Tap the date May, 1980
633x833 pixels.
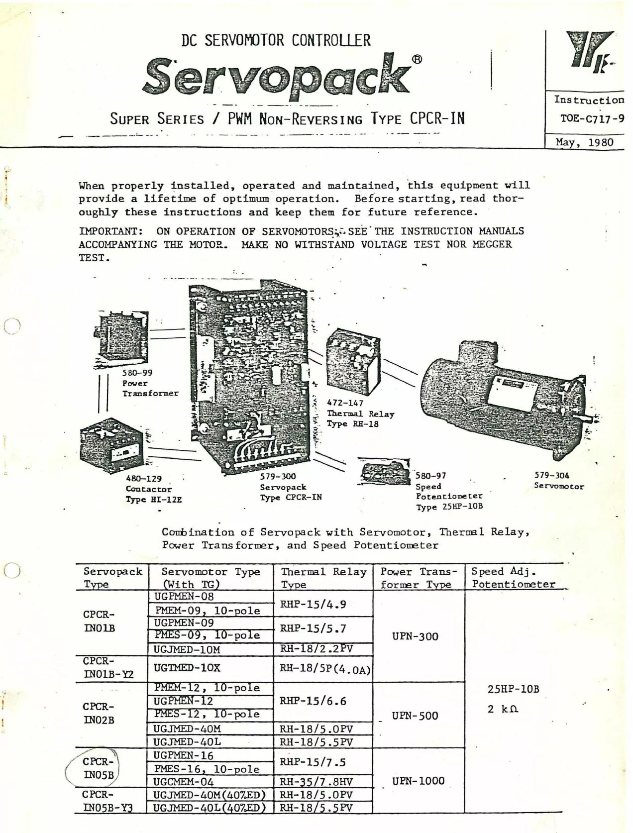point(584,142)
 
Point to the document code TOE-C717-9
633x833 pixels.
point(592,119)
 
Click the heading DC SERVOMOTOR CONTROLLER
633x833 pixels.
point(276,40)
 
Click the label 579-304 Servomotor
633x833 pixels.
point(558,481)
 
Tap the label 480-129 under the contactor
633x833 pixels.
point(144,479)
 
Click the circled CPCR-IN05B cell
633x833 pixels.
point(98,768)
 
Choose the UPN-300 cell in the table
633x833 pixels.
point(415,636)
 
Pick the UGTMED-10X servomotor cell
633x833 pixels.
point(187,668)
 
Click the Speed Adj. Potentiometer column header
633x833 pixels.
point(513,578)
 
